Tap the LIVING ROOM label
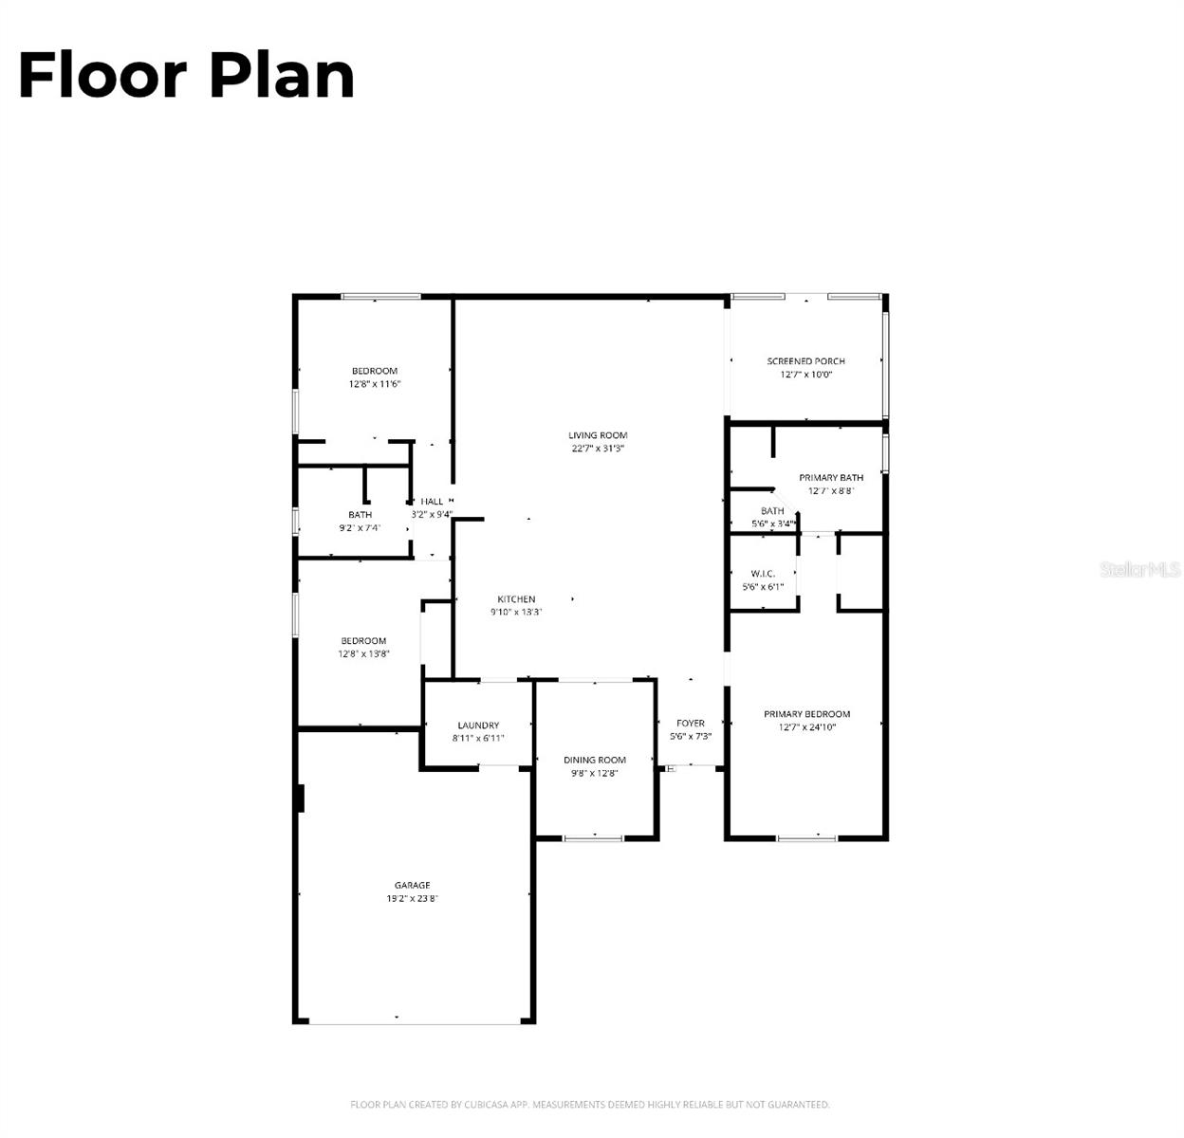(598, 435)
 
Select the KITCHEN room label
(516, 599)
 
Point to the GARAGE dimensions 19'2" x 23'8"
(412, 899)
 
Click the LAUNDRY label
(478, 725)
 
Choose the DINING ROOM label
(595, 760)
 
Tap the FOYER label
(691, 724)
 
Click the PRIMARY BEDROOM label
(807, 714)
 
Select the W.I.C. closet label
(763, 574)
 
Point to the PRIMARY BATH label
(831, 478)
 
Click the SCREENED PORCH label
(805, 361)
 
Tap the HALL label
(432, 502)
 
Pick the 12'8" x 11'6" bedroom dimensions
(375, 385)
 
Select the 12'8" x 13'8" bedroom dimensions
(364, 654)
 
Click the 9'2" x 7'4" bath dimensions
(360, 528)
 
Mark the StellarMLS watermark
(1140, 569)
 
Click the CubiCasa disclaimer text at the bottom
(590, 1105)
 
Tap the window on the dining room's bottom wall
(594, 838)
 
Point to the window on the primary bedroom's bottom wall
(806, 838)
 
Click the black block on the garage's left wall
(300, 798)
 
